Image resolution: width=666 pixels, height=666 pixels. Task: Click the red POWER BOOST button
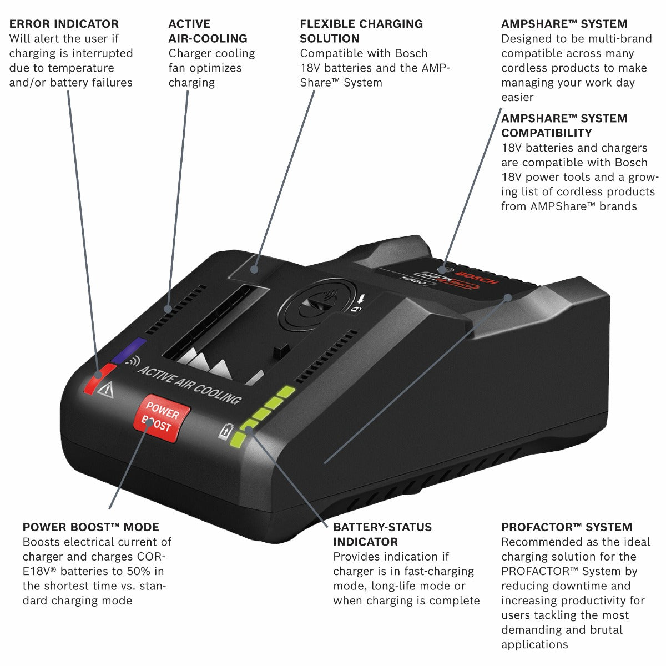pos(162,419)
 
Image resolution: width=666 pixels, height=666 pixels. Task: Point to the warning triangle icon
pos(105,391)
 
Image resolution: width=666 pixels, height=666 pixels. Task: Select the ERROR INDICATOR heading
pos(64,24)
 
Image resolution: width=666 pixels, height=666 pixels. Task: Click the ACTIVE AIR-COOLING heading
pos(208,31)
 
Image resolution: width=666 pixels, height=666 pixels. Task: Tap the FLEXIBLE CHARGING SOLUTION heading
pos(361,31)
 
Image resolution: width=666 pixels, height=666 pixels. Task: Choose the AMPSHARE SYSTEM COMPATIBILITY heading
pos(564,125)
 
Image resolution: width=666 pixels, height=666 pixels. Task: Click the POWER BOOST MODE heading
pos(91,527)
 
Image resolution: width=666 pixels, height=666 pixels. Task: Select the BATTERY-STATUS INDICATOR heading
pos(382,534)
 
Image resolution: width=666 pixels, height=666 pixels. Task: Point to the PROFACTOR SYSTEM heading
pos(567,527)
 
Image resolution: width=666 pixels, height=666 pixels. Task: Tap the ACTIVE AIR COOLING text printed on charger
pos(189,384)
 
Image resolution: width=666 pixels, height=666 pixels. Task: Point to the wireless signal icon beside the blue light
pos(132,362)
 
